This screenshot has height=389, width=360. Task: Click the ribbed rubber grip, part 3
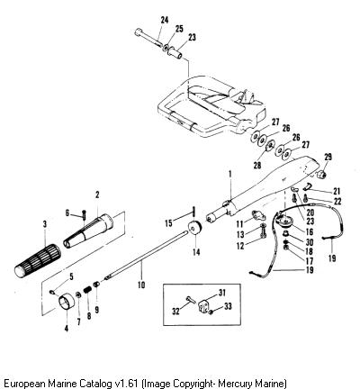[38, 260]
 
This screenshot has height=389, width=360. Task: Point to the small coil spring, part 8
[87, 290]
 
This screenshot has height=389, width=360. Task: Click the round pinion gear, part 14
[195, 228]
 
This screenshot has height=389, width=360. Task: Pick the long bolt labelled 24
[148, 38]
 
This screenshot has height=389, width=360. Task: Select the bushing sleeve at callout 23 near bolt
[176, 51]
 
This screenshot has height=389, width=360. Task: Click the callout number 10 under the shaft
[141, 284]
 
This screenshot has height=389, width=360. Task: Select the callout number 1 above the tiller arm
[230, 174]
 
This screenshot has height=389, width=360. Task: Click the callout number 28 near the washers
[257, 165]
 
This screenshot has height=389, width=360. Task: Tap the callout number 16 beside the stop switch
[310, 231]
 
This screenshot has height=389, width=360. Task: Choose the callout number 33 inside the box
[228, 306]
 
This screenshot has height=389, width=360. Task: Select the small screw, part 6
[84, 214]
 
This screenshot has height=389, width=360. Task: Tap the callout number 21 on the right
[337, 191]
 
